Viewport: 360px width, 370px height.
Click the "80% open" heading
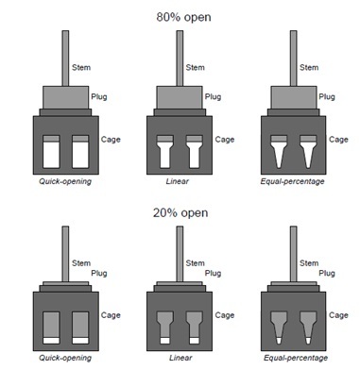pos(183,17)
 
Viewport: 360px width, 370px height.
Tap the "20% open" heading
pos(180,213)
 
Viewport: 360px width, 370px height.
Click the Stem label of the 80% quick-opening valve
pos(81,67)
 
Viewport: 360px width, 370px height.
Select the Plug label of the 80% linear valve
pos(213,96)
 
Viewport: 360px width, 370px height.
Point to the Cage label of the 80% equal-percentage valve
pos(338,140)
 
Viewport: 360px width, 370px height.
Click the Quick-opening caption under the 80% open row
pos(65,181)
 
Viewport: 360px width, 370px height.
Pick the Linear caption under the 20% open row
pos(180,358)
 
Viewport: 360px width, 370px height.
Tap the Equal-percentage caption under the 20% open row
pos(296,358)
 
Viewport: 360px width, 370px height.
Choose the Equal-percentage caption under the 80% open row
pos(292,181)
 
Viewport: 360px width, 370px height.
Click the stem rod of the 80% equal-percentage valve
pos(293,59)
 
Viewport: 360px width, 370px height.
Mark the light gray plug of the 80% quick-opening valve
pos(65,97)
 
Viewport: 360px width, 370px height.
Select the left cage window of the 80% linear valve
pos(165,152)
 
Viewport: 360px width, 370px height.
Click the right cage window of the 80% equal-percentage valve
pos(308,152)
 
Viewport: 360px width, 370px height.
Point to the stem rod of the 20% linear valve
pos(180,254)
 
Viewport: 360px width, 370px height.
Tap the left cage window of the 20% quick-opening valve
pos(51,328)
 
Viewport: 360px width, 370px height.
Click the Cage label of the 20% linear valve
pos(225,315)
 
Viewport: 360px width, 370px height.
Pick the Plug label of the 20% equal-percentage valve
pos(327,273)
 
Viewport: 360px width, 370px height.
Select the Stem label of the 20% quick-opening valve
pos(81,263)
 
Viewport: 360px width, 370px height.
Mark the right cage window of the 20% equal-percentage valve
pos(308,328)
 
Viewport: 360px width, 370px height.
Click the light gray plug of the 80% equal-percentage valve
pos(294,97)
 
